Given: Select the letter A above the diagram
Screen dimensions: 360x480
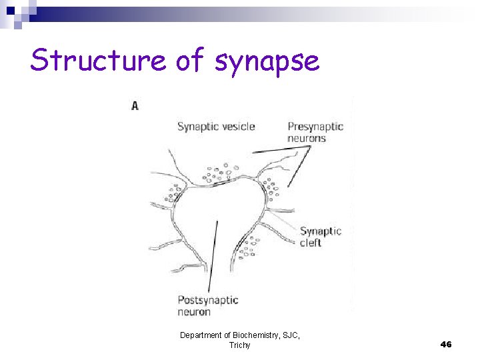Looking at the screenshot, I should [x=135, y=105].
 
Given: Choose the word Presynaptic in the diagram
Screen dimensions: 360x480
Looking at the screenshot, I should [x=315, y=127].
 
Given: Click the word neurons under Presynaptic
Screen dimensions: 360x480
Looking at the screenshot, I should [x=307, y=138].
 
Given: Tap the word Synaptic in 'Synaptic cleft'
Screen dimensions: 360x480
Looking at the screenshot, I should [x=321, y=231].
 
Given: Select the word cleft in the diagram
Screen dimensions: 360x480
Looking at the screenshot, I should [x=311, y=243].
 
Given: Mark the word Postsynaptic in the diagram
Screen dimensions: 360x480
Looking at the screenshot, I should [x=208, y=300].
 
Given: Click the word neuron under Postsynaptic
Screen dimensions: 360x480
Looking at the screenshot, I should [x=194, y=312].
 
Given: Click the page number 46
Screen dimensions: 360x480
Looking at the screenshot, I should [x=446, y=344].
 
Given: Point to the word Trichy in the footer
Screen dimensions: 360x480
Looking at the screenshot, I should [x=240, y=345].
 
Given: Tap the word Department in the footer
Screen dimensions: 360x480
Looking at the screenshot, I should [x=201, y=336].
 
